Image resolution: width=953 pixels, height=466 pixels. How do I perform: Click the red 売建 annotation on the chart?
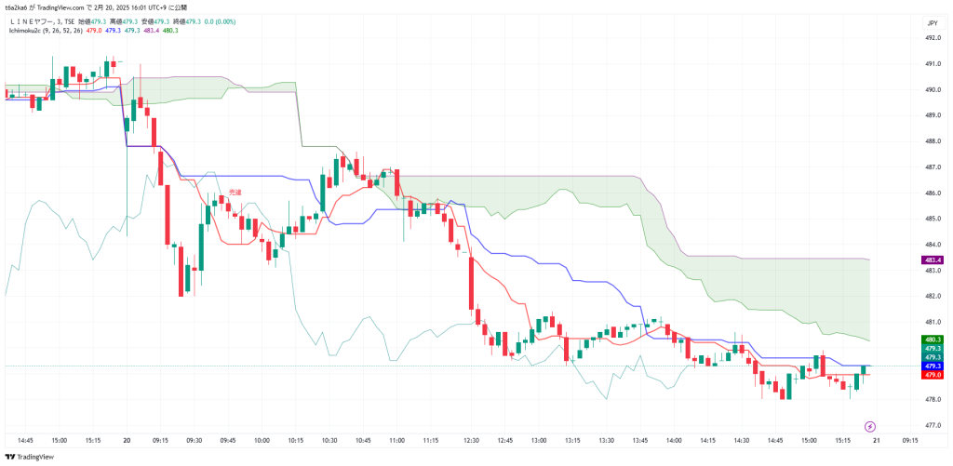[x=235, y=193]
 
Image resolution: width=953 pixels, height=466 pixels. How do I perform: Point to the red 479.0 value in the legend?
[x=93, y=31]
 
